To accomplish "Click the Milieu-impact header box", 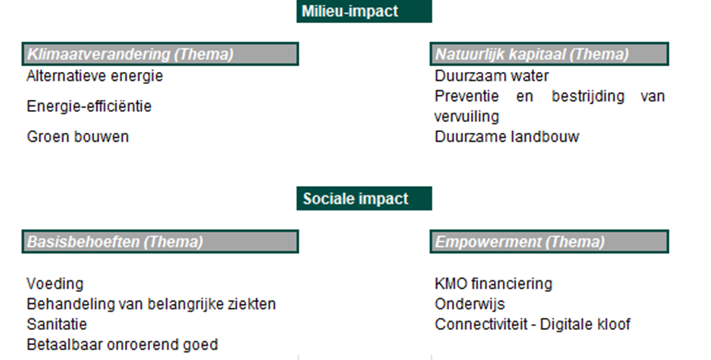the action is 364,11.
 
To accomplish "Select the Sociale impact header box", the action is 364,199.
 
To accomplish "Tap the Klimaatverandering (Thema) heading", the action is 160,54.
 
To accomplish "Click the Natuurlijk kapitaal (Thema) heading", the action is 549,54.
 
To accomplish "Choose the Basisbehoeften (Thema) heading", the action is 160,241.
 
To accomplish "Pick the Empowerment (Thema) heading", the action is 549,241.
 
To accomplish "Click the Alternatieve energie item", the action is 95,76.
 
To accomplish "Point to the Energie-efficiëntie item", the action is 90,106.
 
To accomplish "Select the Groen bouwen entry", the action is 78,136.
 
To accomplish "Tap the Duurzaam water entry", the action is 492,76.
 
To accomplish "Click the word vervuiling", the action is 467,117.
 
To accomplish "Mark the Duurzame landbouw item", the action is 507,136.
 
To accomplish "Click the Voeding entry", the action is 56,284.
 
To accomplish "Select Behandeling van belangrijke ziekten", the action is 151,304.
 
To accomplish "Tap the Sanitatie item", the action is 57,324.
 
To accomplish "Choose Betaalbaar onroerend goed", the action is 122,344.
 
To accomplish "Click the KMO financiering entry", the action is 494,284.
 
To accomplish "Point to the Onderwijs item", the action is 469,304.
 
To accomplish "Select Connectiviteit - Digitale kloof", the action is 533,324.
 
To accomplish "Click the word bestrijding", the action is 588,96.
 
